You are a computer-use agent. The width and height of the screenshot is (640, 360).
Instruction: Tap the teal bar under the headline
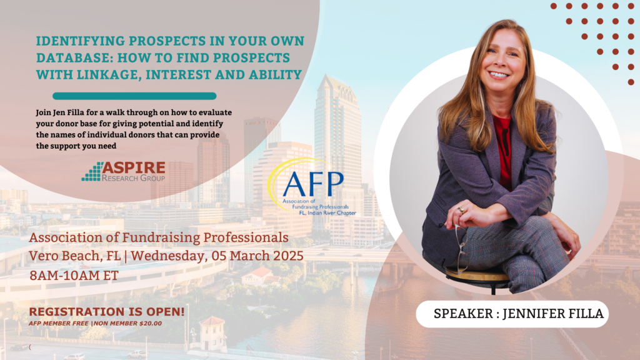pyautogui.click(x=134, y=96)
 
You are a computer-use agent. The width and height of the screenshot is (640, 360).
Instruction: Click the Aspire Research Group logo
pyautogui.click(x=123, y=171)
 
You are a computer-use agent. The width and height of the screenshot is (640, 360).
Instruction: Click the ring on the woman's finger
pyautogui.click(x=461, y=210)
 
